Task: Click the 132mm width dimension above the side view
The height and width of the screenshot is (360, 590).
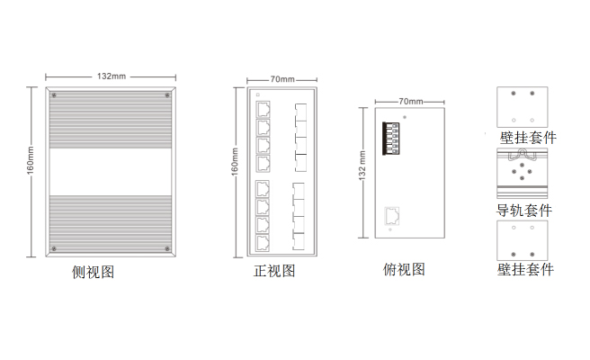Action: pos(111,76)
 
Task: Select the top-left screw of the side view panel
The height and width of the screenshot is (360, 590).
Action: pos(55,95)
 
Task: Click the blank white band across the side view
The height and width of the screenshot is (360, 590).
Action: pos(111,170)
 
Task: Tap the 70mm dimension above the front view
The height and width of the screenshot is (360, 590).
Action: pos(282,79)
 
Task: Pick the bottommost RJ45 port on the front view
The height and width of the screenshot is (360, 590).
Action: pos(264,240)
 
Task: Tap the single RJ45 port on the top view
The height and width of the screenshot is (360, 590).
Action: pos(393,215)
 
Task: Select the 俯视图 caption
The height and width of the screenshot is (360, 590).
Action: pos(404,270)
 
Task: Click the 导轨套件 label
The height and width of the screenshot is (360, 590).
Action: pos(524,211)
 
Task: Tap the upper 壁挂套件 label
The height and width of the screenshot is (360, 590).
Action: pos(528,138)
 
